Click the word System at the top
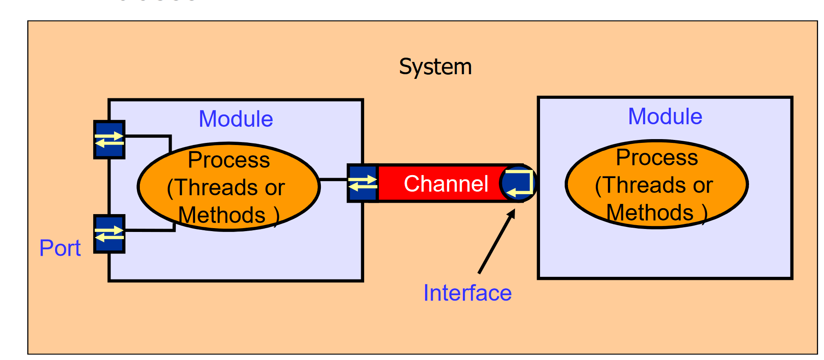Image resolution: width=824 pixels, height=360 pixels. (435, 67)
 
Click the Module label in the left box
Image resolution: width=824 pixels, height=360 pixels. (236, 119)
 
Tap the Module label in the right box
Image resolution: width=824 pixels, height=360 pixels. (665, 116)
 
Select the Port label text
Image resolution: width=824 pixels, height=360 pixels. (60, 248)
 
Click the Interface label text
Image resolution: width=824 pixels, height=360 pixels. (468, 293)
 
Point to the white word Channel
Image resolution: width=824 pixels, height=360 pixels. (446, 184)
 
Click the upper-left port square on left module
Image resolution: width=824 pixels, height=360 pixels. (109, 140)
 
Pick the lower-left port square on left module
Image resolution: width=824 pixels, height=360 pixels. (109, 234)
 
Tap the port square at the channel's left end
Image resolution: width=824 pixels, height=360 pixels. (362, 183)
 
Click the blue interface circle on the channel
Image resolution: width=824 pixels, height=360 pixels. (518, 183)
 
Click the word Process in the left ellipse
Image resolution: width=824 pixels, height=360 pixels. (229, 160)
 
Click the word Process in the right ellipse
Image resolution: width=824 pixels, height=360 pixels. (657, 157)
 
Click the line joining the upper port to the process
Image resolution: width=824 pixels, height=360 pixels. (148, 136)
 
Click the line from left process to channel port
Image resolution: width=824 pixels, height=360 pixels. (334, 180)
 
